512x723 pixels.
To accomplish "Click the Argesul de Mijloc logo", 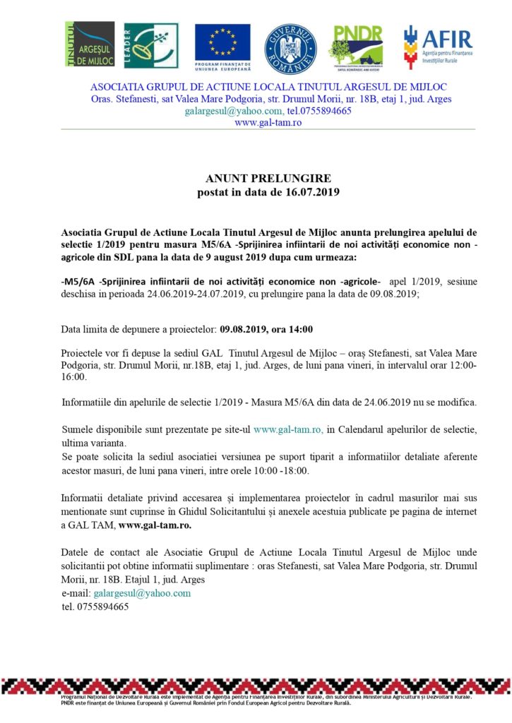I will pyautogui.click(x=90, y=44).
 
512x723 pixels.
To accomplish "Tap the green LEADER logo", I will pyautogui.click(x=151, y=44).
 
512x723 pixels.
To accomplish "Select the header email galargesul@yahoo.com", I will pyautogui.click(x=234, y=111).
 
